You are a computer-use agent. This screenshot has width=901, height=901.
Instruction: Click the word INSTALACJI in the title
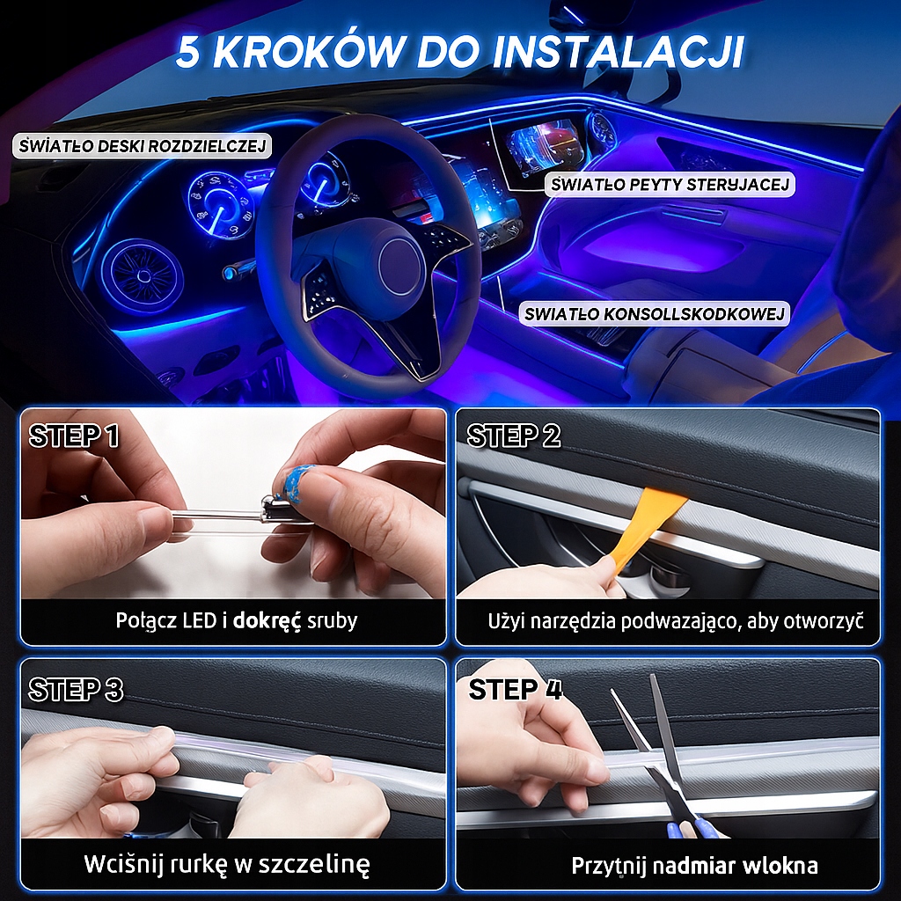[617, 52]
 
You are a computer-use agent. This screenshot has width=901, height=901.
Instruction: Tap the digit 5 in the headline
[188, 52]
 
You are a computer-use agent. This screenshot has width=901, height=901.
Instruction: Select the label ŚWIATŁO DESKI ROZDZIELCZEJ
[143, 146]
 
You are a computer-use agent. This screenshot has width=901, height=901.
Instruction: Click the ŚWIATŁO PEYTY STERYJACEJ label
[670, 185]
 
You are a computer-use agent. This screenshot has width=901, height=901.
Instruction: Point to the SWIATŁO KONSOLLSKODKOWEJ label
[655, 314]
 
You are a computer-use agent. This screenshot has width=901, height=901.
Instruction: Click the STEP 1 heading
[74, 436]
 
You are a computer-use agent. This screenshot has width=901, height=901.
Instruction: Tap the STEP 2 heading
[513, 436]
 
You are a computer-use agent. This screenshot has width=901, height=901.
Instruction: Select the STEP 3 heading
[76, 690]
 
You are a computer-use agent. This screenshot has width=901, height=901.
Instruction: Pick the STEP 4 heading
[515, 690]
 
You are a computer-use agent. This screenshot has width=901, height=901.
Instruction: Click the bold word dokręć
[267, 621]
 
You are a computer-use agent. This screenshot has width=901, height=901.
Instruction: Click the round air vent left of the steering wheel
[142, 277]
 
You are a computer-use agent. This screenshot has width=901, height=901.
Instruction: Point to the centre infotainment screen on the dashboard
[543, 150]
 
